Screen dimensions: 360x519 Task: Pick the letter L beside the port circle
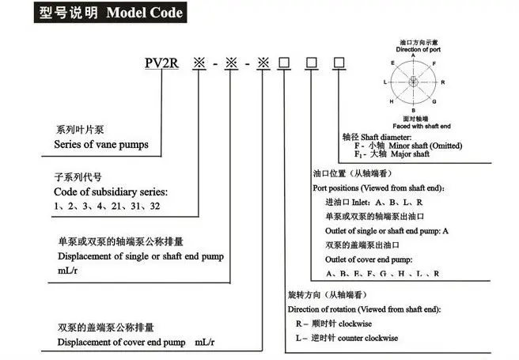385,81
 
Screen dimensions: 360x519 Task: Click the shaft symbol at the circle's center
414,81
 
